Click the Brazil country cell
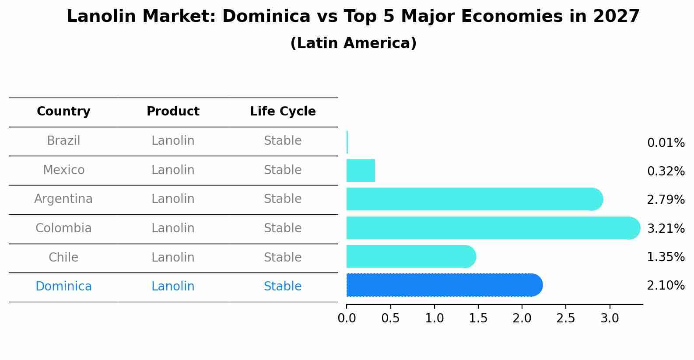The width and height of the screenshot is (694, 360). pyautogui.click(x=63, y=141)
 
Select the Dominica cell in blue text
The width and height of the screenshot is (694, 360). pyautogui.click(x=63, y=287)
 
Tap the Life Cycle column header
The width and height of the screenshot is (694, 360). pyautogui.click(x=283, y=112)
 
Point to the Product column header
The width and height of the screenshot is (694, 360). pyautogui.click(x=173, y=112)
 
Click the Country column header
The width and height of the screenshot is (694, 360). pyautogui.click(x=63, y=112)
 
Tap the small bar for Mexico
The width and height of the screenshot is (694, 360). pyautogui.click(x=361, y=171)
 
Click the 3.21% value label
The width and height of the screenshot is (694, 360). pyautogui.click(x=666, y=228)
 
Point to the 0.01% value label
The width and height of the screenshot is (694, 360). pyautogui.click(x=666, y=143)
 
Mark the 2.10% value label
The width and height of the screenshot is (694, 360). pyautogui.click(x=666, y=286)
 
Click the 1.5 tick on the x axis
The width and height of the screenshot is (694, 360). pyautogui.click(x=478, y=318)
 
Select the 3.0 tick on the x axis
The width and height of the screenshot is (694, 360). pyautogui.click(x=610, y=318)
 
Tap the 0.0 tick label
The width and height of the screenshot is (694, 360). pyautogui.click(x=347, y=318)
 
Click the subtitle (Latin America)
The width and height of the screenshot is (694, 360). pyautogui.click(x=353, y=43)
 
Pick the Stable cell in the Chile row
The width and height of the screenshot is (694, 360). pyautogui.click(x=283, y=258)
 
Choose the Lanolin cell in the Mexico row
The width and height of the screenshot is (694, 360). pyautogui.click(x=173, y=170)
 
